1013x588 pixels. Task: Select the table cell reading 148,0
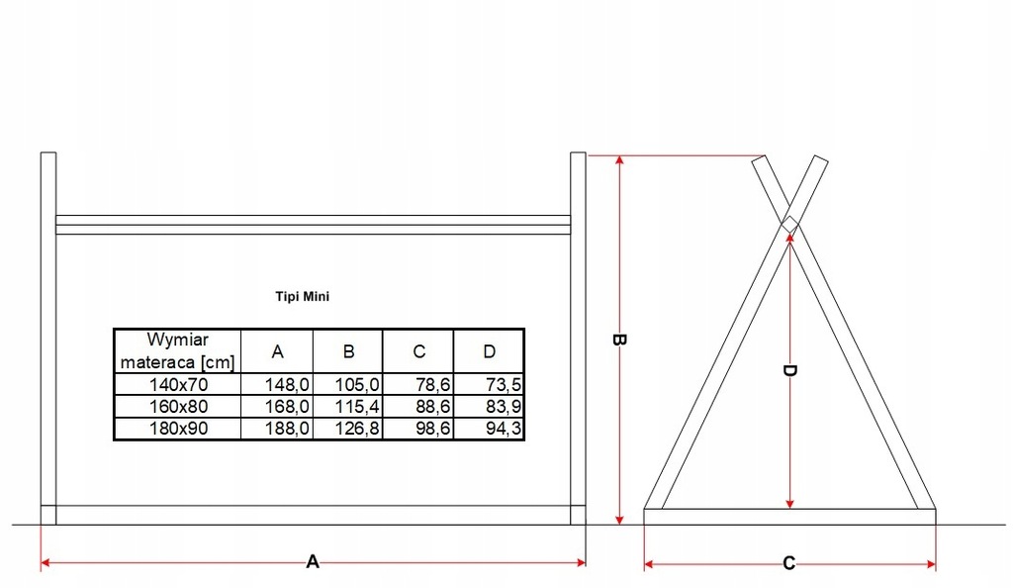click(x=288, y=384)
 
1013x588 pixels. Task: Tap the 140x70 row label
click(x=178, y=384)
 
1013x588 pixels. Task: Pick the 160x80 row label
click(x=178, y=406)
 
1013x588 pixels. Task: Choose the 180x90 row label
click(x=178, y=428)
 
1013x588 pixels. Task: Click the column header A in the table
click(x=278, y=351)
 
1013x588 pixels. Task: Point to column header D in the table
click(x=490, y=351)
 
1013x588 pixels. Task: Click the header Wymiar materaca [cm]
click(x=177, y=350)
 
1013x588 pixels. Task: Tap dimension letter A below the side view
click(x=313, y=561)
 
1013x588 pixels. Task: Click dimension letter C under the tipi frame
click(x=788, y=563)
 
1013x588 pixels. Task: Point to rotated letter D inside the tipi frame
click(x=789, y=371)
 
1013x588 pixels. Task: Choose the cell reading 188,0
click(x=288, y=428)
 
